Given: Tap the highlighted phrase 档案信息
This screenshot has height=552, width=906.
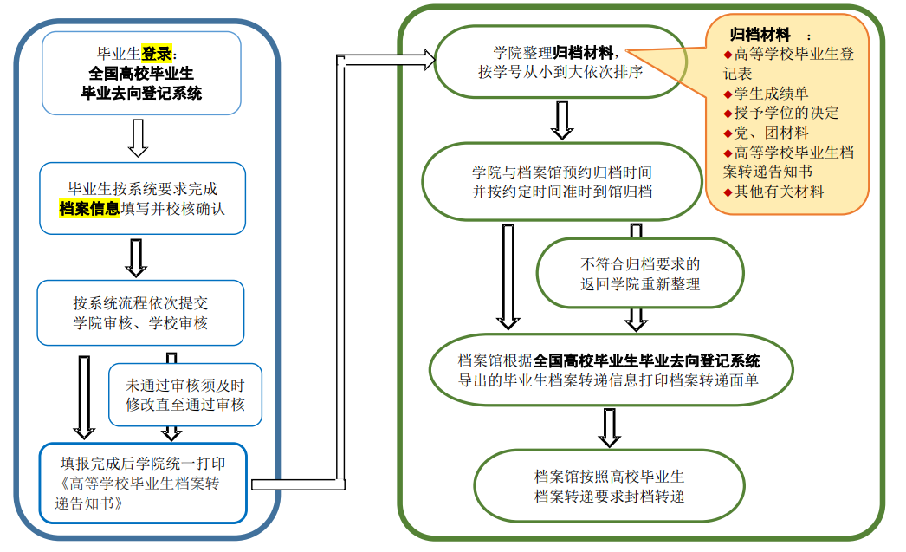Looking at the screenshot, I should click(88, 208).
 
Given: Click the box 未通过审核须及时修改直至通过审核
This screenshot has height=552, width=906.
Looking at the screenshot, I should click(185, 394).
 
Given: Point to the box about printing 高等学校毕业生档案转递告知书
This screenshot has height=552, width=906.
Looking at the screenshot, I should click(143, 483).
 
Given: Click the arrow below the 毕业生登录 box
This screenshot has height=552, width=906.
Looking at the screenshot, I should click(137, 138).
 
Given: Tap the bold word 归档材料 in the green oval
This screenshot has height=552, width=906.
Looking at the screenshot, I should click(584, 52).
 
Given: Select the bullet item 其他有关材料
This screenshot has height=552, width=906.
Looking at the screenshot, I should click(780, 192).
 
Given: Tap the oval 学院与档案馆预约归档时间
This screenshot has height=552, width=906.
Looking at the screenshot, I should click(562, 181).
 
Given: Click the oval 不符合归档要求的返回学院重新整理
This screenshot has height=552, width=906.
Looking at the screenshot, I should click(640, 273).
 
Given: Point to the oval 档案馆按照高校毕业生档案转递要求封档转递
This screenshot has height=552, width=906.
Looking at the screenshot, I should click(609, 486).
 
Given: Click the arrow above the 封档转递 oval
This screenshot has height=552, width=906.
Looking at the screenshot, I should click(610, 427).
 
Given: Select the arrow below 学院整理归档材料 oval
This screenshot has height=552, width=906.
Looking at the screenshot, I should click(562, 119).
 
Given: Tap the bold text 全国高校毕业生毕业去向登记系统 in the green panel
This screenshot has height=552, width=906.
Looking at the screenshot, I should click(647, 360).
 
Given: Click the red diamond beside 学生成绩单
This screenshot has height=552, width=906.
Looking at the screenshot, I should click(728, 94).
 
